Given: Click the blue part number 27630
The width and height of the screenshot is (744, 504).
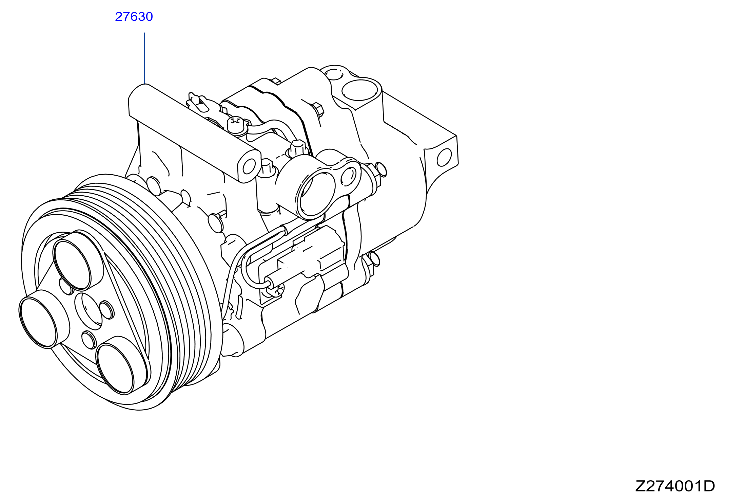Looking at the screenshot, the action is [x=134, y=17].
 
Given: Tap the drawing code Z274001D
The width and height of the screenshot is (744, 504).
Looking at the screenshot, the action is [x=675, y=486].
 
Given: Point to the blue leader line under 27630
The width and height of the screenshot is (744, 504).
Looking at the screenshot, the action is [x=144, y=58].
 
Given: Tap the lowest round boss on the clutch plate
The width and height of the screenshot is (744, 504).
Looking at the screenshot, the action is [x=115, y=368].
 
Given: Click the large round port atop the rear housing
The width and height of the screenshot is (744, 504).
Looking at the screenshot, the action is [x=360, y=89].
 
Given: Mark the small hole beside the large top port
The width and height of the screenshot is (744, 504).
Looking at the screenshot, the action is [x=334, y=74].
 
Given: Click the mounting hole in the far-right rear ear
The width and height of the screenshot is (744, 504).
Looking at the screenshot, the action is [x=444, y=158].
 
